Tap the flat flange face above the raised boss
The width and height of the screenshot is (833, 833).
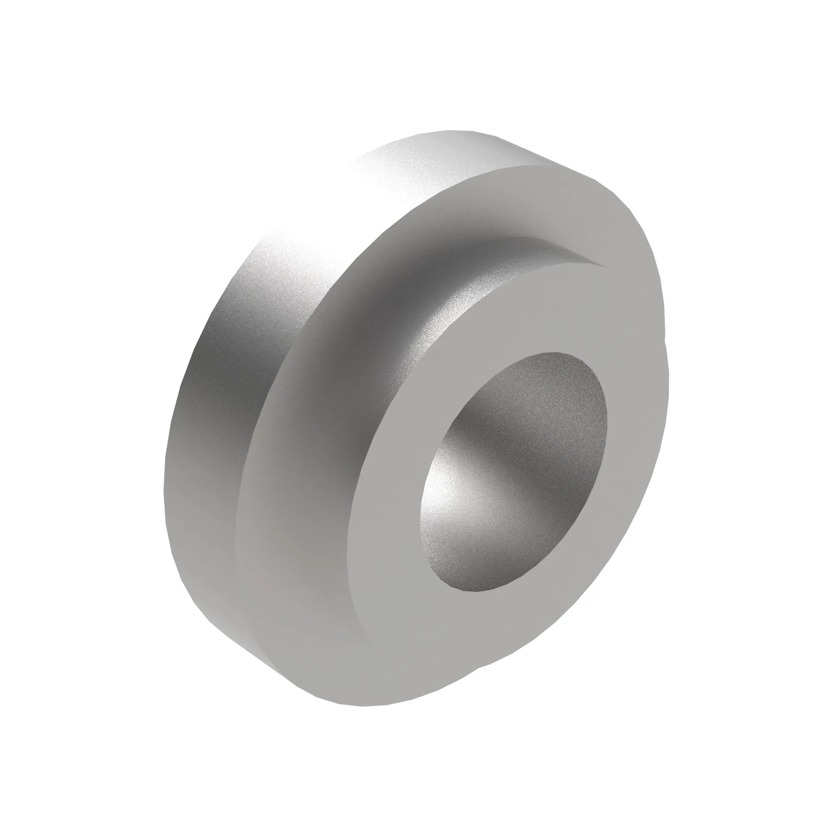click(x=517, y=203)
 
